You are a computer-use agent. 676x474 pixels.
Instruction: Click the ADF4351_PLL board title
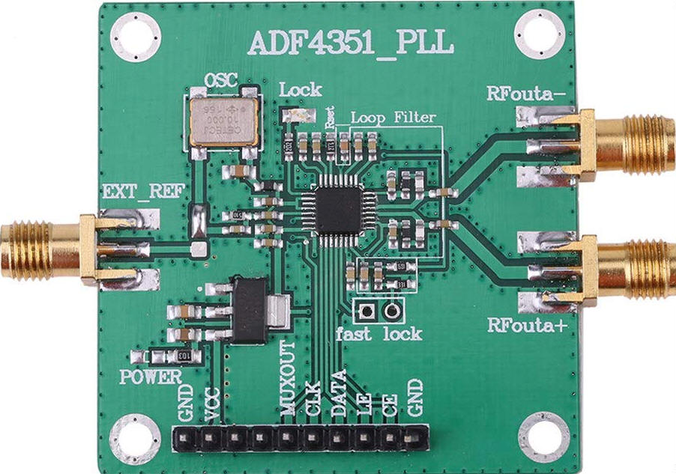coord(351,43)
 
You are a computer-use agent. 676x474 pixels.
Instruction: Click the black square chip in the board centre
coord(338,210)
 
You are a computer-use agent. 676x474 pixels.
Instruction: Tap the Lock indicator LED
coord(298,116)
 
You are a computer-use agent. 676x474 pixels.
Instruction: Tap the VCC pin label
coord(212,402)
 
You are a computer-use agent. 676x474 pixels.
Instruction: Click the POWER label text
coord(150,377)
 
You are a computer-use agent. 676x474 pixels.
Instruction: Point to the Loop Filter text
coord(393,118)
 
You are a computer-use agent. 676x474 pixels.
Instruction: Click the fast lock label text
coord(378,334)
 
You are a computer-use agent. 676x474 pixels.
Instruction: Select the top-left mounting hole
coord(136,36)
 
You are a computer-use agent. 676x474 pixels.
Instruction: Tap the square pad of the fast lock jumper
coord(367,310)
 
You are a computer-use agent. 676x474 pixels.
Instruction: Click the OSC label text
coord(222,80)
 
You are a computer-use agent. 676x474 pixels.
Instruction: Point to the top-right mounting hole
coord(540,34)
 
